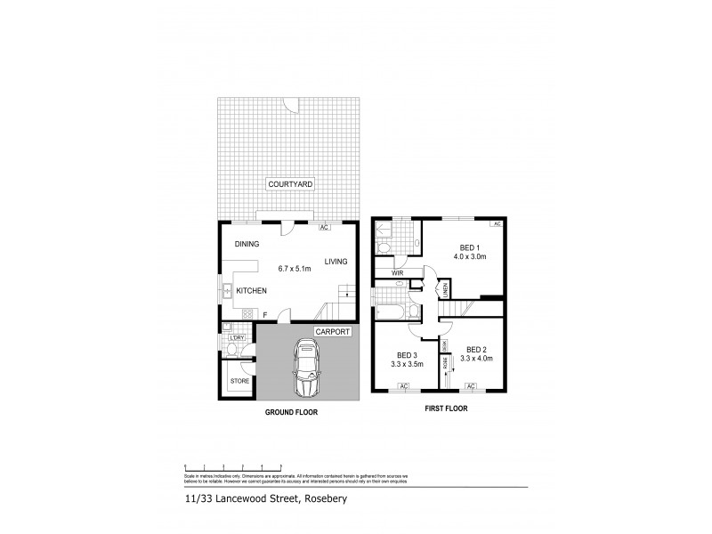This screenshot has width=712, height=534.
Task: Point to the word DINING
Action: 247,244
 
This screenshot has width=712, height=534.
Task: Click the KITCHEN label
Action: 252,289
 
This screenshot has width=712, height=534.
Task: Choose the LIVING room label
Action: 336,261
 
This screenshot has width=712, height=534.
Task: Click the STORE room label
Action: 240,381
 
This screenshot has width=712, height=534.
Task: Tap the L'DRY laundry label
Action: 237,336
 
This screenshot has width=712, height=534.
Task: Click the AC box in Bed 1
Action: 497,224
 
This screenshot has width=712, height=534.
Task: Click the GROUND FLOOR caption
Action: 291,414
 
